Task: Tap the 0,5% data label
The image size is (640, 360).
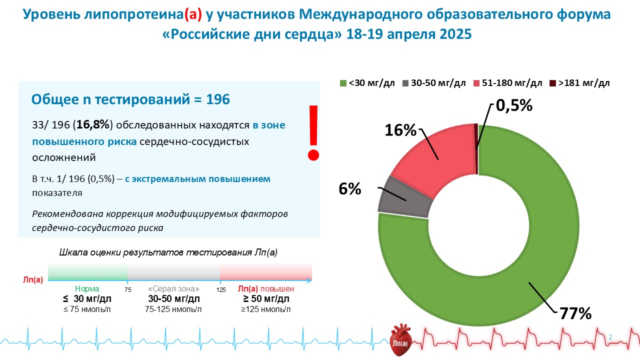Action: pyautogui.click(x=514, y=105)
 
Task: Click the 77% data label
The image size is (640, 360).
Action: pyautogui.click(x=575, y=313)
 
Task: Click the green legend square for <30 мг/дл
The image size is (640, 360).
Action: pyautogui.click(x=343, y=83)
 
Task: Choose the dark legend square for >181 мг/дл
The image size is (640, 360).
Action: pyautogui.click(x=553, y=83)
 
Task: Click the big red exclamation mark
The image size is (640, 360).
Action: pyautogui.click(x=313, y=132)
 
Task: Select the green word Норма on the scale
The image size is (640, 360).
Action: pyautogui.click(x=87, y=289)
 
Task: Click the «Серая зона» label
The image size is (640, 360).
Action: pyautogui.click(x=174, y=289)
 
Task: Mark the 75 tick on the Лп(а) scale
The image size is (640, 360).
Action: pyautogui.click(x=127, y=289)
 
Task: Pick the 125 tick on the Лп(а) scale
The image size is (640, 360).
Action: pyautogui.click(x=220, y=289)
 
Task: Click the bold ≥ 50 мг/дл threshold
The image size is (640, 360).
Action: pyautogui.click(x=266, y=299)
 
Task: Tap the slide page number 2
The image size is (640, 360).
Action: pyautogui.click(x=610, y=337)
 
